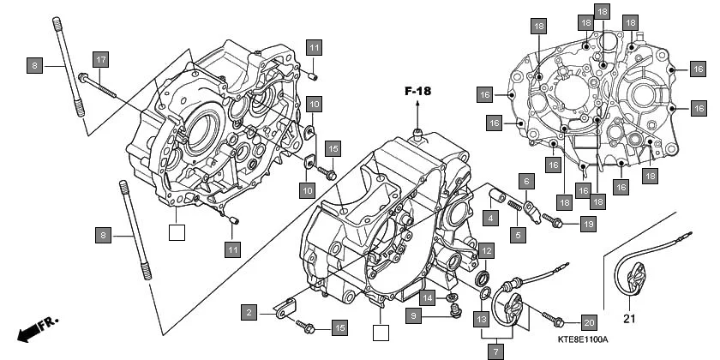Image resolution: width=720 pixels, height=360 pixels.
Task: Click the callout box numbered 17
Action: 100,59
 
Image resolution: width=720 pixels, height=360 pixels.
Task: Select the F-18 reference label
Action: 418,90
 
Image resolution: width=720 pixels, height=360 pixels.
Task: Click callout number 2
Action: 249,313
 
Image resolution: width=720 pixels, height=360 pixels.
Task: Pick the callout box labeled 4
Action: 489,219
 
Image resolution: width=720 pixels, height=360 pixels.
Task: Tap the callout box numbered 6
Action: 527,181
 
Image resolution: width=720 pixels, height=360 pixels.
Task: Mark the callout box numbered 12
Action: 486,251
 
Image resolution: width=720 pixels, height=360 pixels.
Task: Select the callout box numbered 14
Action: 427,297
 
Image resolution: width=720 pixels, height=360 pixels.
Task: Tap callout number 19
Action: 587,224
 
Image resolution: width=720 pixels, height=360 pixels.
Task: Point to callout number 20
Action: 588,322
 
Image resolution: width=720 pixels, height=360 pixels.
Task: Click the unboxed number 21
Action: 630,320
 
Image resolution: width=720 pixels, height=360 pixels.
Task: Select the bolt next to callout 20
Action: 555,322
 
